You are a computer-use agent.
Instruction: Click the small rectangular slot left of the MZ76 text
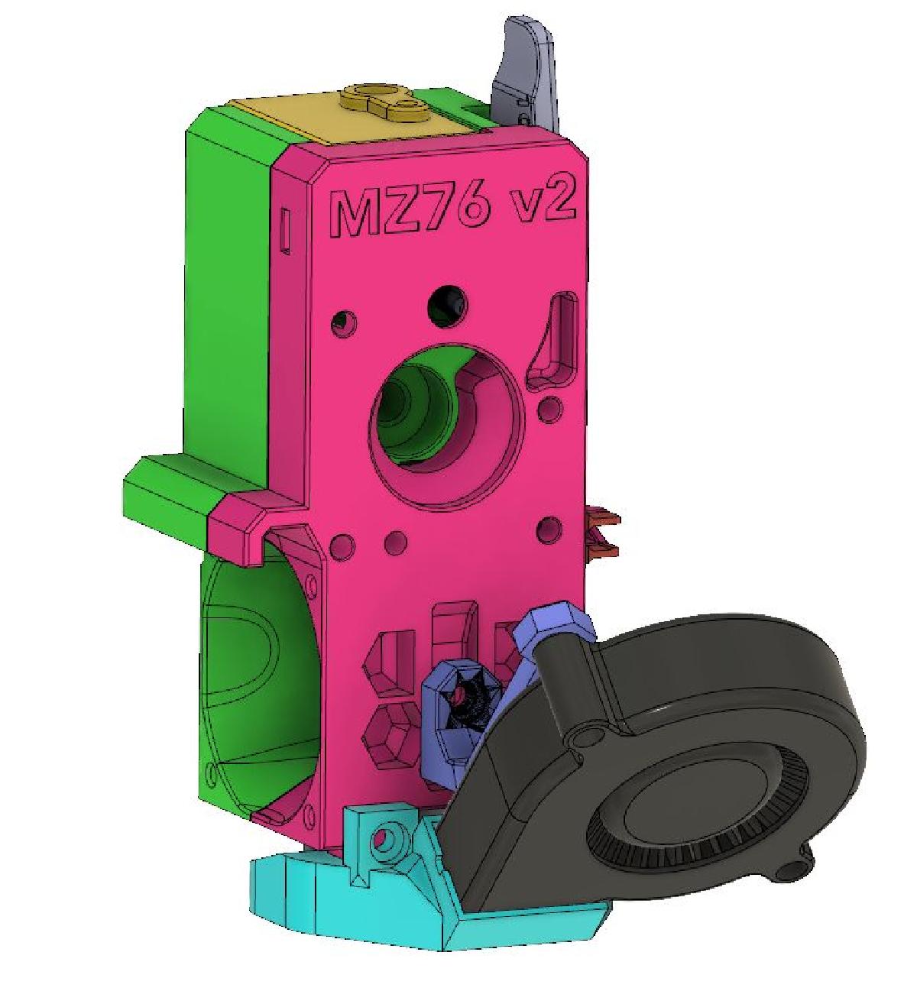285,229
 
